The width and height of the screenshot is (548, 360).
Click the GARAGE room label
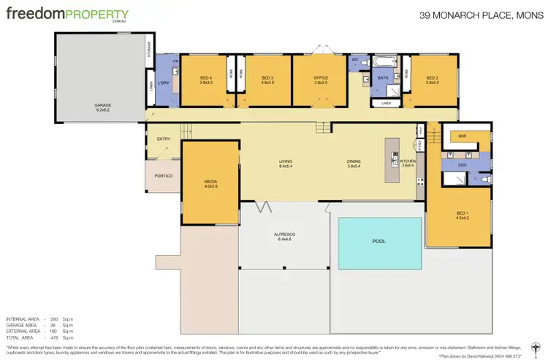tap(102, 104)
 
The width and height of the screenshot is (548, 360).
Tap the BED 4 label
tap(206, 78)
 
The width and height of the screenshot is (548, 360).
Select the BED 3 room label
tap(267, 78)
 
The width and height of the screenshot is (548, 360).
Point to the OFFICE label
tap(321, 78)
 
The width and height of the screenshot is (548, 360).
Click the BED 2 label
tap(432, 78)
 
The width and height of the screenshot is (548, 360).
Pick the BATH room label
tap(382, 78)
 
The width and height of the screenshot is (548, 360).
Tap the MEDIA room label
tap(211, 182)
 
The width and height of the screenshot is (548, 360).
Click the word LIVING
tap(285, 161)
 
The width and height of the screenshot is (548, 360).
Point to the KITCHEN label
tap(408, 161)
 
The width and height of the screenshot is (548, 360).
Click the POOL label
tap(380, 240)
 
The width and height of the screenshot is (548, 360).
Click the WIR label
tap(463, 137)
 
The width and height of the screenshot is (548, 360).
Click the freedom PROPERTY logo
tap(67, 15)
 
